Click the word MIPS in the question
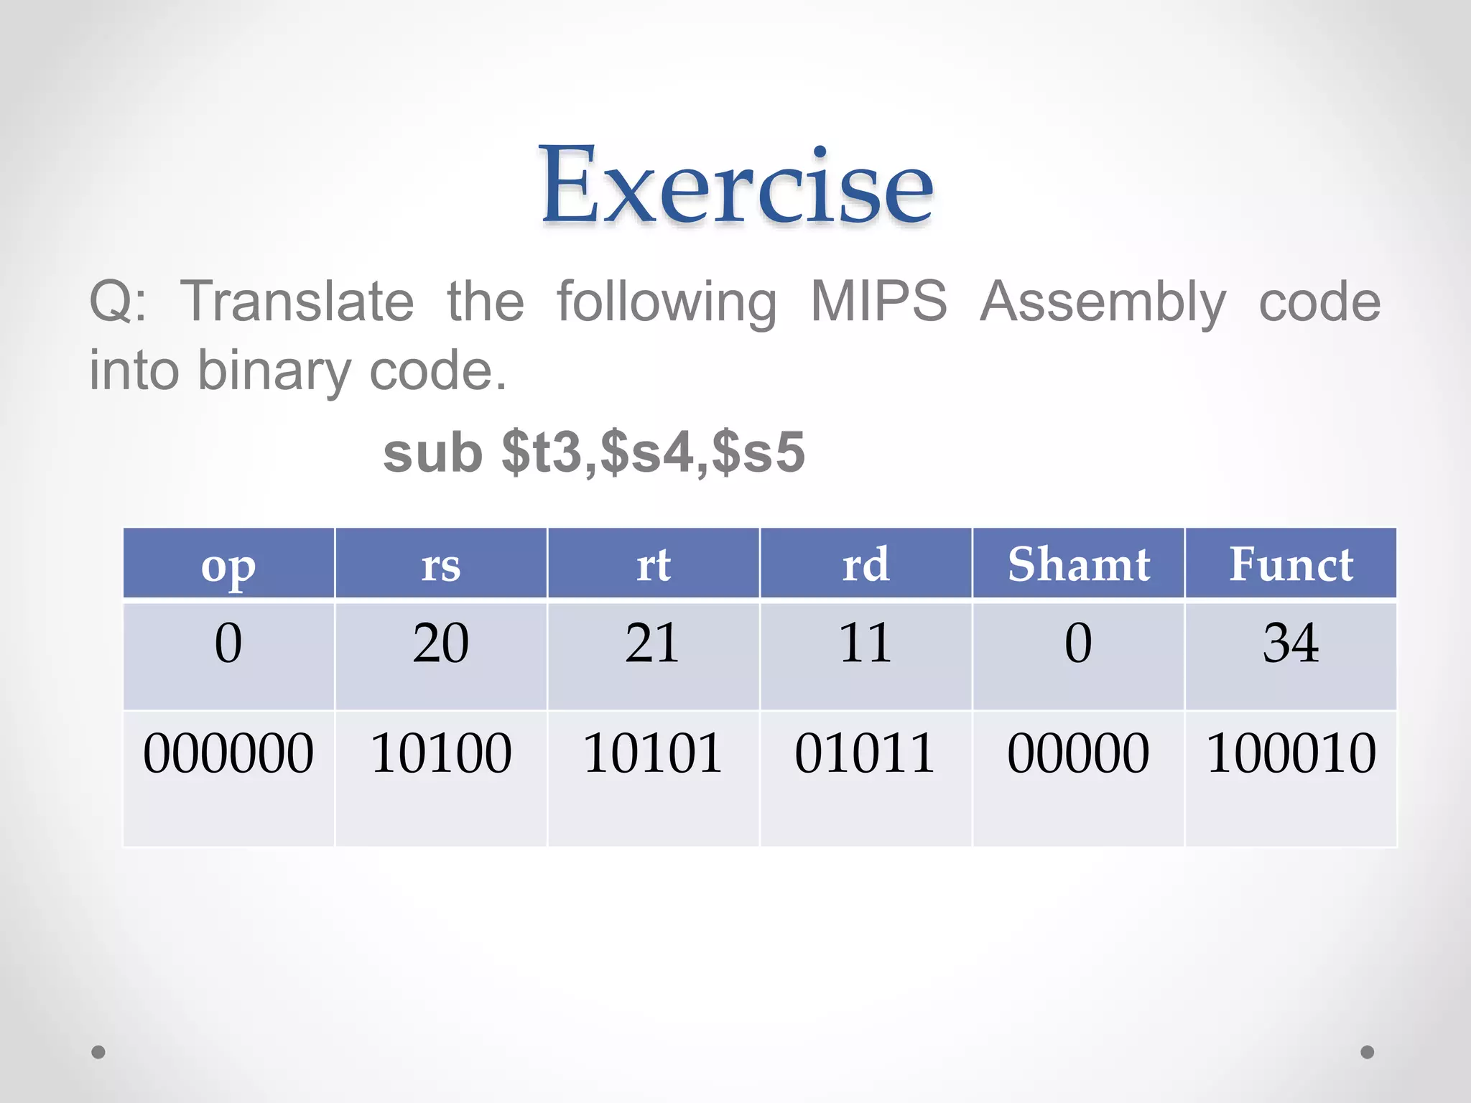pyautogui.click(x=878, y=302)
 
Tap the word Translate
pyautogui.click(x=297, y=302)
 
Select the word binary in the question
pyautogui.click(x=274, y=371)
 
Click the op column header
pyautogui.click(x=228, y=565)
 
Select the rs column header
pyautogui.click(x=440, y=565)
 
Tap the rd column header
pyautogui.click(x=866, y=564)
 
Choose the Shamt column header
pyautogui.click(x=1078, y=564)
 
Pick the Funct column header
pyautogui.click(x=1291, y=564)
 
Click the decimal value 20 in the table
pyautogui.click(x=440, y=643)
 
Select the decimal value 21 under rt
pyautogui.click(x=652, y=643)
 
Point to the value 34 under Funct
pyautogui.click(x=1291, y=643)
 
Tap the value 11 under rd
pyautogui.click(x=865, y=643)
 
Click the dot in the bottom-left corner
pyautogui.click(x=98, y=1052)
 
